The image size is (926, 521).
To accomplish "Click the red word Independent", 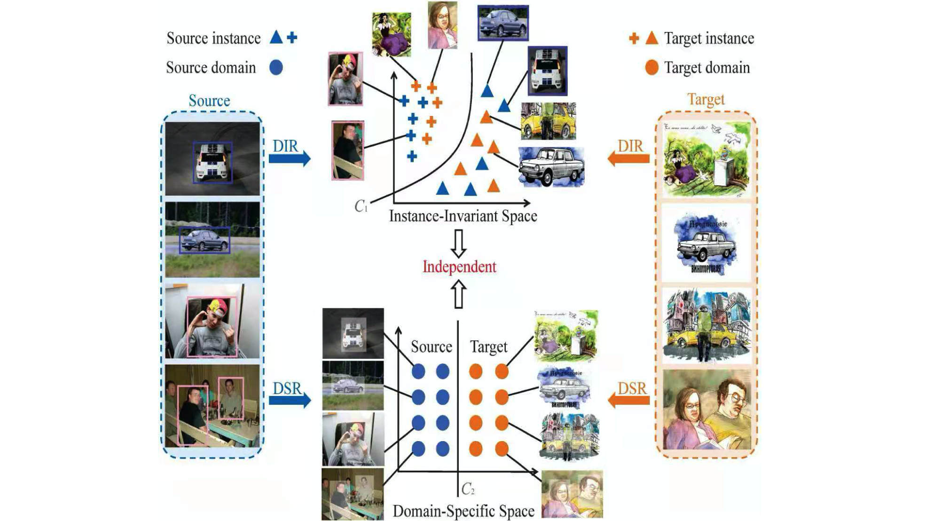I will (459, 267).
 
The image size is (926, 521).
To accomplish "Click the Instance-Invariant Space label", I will (463, 216).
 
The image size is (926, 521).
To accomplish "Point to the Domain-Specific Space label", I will (463, 511).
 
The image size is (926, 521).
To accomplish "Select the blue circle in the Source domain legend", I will (276, 67).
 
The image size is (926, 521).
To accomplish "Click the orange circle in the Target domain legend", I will (651, 67).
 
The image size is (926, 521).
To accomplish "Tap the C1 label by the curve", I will (361, 206).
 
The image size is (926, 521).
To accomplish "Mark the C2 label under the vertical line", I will (468, 489).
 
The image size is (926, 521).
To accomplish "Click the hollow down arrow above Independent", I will (458, 243).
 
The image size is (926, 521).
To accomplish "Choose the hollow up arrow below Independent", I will (458, 294).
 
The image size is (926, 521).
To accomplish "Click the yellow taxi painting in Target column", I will (706, 325).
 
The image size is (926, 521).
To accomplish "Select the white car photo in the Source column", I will (212, 159).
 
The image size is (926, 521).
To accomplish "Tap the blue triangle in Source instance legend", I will (276, 37).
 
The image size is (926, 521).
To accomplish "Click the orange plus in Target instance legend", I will (634, 38).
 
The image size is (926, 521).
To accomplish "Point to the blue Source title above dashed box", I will (209, 101).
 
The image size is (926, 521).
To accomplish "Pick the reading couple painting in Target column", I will (706, 410).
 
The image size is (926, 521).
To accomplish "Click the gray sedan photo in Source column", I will (212, 240).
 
